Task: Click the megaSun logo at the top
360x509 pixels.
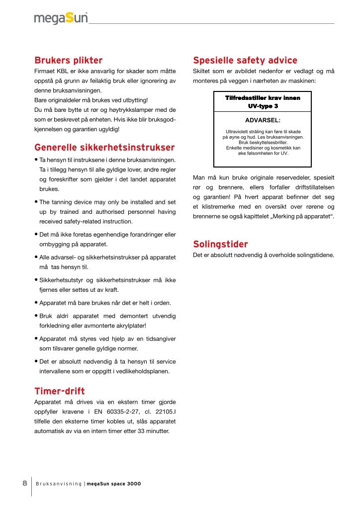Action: point(61,18)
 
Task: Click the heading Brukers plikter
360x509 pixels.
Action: point(68,61)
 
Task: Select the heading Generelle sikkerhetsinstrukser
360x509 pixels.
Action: point(104,148)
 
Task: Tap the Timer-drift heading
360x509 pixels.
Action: point(59,390)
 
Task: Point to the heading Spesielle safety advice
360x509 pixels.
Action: point(245,61)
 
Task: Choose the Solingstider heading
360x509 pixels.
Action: point(220,244)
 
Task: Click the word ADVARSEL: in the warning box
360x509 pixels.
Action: point(263,120)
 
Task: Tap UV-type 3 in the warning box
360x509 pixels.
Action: point(263,106)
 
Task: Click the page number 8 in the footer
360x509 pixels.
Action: point(24,483)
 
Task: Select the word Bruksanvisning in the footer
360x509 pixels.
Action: point(58,484)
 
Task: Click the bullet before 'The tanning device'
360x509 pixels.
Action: point(36,202)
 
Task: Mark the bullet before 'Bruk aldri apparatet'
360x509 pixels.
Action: point(36,316)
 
